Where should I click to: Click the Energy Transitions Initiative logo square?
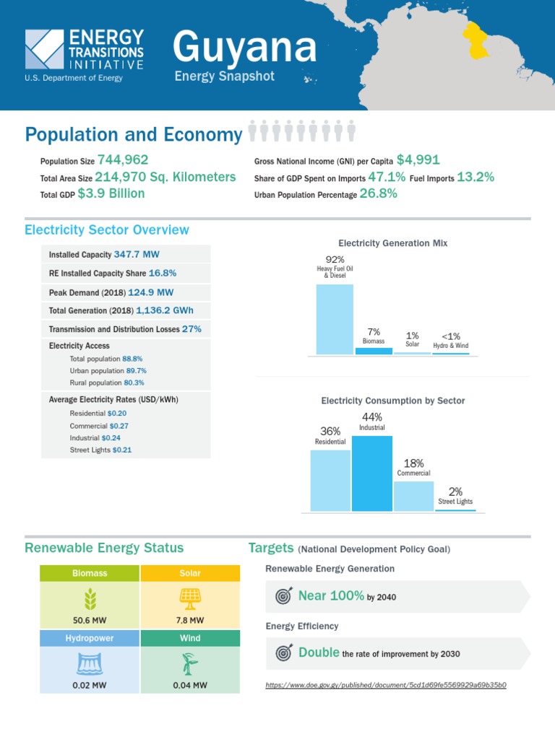click(x=44, y=49)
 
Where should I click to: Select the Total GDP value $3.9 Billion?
click(x=111, y=193)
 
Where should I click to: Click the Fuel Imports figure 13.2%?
click(x=476, y=177)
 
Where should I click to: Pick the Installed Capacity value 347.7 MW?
click(x=137, y=254)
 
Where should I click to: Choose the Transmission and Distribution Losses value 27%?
click(x=192, y=328)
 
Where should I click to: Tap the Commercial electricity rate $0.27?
click(x=119, y=426)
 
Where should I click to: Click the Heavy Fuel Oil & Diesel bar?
click(x=335, y=319)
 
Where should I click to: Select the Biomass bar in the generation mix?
click(x=374, y=351)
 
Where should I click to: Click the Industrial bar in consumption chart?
click(x=372, y=473)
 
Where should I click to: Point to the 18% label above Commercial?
click(x=414, y=463)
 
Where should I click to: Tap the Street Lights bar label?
click(x=455, y=502)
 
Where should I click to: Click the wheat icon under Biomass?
click(x=90, y=598)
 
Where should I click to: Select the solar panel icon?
click(x=189, y=598)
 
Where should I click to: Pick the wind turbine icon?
click(x=189, y=663)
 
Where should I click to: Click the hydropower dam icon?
click(x=90, y=663)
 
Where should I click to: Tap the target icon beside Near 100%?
click(x=283, y=596)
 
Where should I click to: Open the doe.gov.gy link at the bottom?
click(x=386, y=684)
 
